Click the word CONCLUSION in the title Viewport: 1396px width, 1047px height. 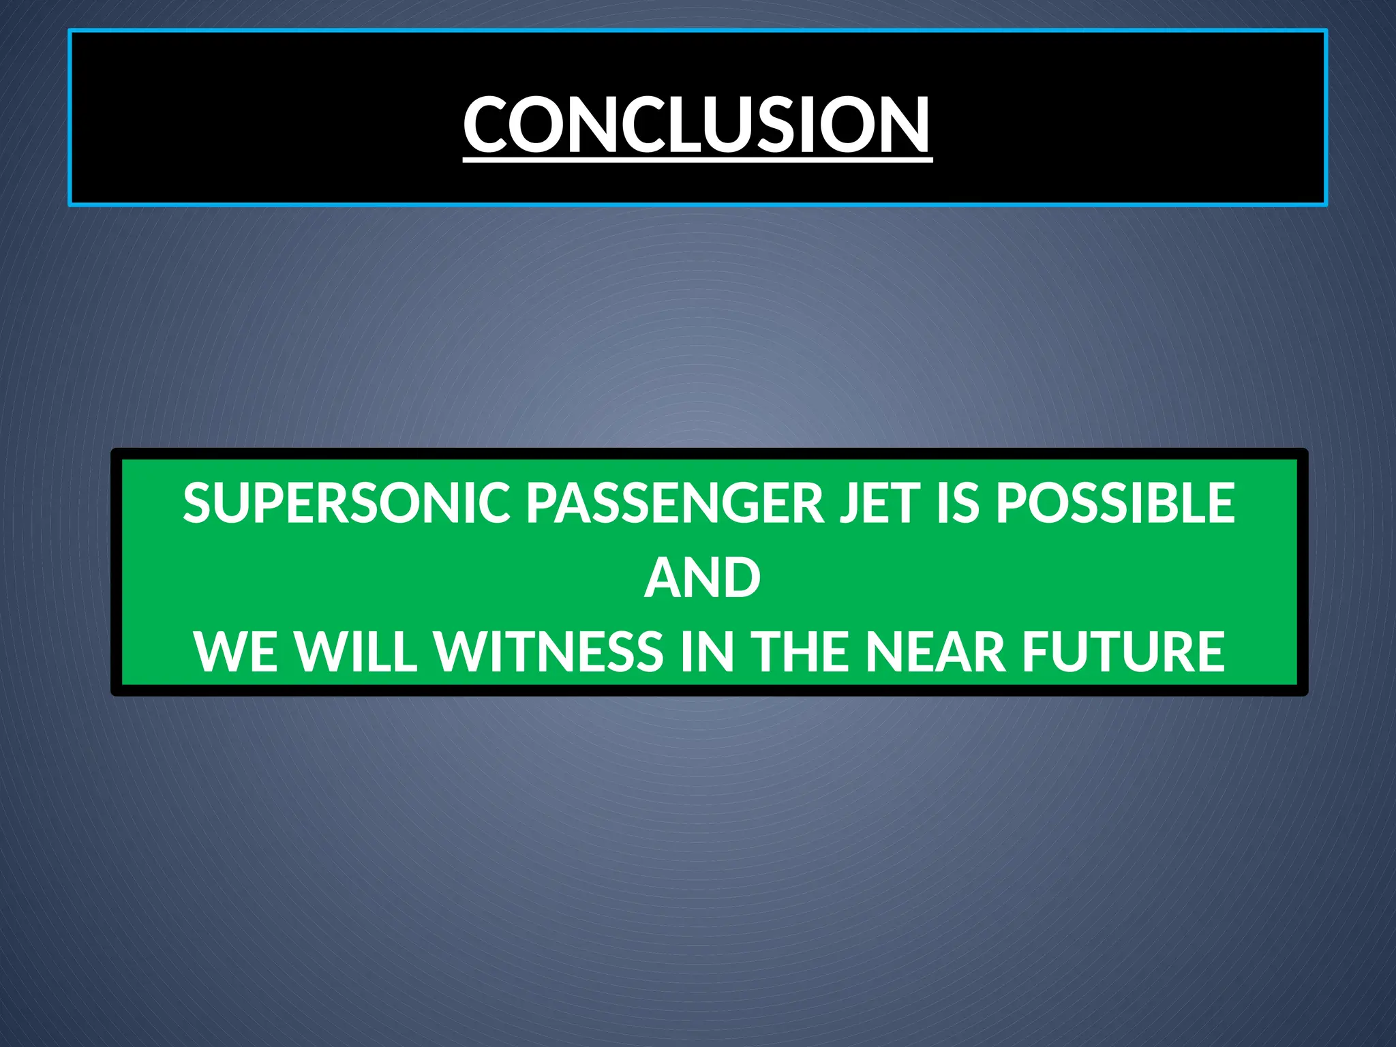pyautogui.click(x=697, y=124)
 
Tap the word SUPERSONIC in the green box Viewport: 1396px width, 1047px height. pyautogui.click(x=346, y=503)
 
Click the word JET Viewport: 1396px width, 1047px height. pyautogui.click(x=879, y=503)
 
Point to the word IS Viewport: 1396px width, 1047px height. pyautogui.click(x=957, y=503)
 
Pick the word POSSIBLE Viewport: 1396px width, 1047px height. pyautogui.click(x=1115, y=503)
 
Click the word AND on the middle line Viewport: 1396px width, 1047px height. pyautogui.click(x=702, y=578)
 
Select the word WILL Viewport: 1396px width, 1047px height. pyautogui.click(x=356, y=652)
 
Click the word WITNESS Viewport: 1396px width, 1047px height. pyautogui.click(x=548, y=652)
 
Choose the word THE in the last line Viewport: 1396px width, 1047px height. pyautogui.click(x=801, y=652)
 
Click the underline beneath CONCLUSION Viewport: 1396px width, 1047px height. pyautogui.click(x=697, y=160)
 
